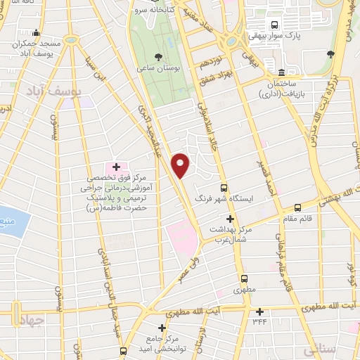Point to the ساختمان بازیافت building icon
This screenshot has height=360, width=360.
281,72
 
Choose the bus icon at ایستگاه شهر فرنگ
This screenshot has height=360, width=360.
224,188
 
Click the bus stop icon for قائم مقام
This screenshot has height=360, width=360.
297,207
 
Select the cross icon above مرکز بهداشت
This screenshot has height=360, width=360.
230,219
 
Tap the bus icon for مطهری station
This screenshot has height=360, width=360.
244,278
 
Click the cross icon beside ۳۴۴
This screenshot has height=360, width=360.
260,311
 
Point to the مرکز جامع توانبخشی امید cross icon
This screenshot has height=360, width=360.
162,327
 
